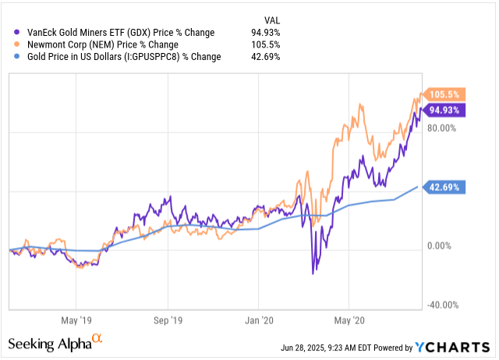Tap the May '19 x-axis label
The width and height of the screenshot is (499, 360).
pos(76,319)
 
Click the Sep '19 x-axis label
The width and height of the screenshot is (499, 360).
pos(167,319)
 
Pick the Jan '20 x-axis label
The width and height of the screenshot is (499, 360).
pos(257,319)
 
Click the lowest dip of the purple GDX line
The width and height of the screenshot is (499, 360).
pos(313,274)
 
